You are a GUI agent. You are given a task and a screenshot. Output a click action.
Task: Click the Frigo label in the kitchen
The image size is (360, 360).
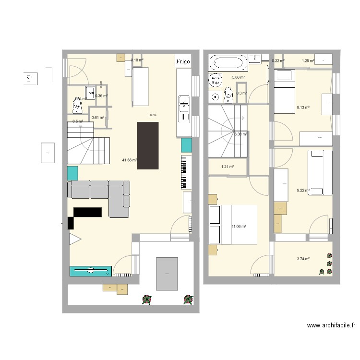[183, 61]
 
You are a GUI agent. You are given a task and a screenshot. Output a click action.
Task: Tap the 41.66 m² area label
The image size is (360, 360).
[130, 160]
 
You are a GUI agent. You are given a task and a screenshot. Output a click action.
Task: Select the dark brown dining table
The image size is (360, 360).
[147, 145]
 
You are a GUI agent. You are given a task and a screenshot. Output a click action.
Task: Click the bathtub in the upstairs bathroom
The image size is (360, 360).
[228, 63]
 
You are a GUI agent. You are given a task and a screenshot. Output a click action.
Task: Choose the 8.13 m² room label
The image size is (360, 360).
[303, 108]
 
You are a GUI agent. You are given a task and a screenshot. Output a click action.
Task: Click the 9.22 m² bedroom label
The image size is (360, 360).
[303, 191]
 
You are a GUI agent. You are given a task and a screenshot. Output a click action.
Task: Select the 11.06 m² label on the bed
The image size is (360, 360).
[239, 227]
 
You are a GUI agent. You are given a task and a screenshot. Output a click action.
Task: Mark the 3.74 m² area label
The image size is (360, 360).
[303, 259]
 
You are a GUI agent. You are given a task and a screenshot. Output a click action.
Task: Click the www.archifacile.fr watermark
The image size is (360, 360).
[331, 326]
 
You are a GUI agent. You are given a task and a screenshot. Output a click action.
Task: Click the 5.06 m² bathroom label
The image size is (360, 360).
[239, 77]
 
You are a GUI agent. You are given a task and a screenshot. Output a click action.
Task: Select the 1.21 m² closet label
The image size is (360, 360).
[227, 167]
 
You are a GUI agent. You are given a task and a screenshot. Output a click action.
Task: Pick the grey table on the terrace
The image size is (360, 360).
[167, 274]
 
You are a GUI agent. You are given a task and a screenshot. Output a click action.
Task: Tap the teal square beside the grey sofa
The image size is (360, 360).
[72, 173]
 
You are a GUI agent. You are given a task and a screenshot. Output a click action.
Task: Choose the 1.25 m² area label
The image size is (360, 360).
[308, 61]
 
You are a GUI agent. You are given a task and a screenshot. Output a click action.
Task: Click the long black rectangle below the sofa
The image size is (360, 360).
[87, 212]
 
